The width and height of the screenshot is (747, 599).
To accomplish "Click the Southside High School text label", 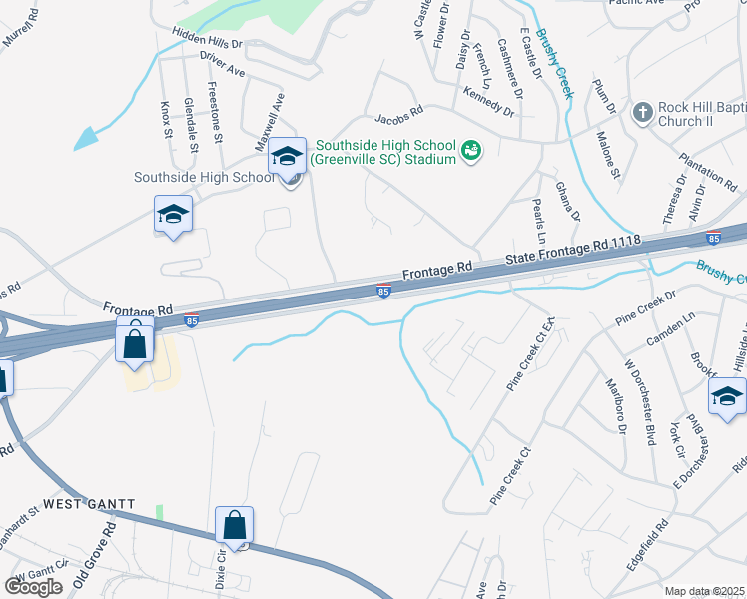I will [204, 178].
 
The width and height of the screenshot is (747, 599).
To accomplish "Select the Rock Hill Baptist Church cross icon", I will [644, 111].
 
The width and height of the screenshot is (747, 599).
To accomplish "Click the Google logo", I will [33, 587].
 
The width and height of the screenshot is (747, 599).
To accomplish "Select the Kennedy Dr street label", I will [488, 101].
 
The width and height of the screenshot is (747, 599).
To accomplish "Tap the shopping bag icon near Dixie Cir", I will [234, 524].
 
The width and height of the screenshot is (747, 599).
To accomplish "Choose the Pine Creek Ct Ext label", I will [529, 355].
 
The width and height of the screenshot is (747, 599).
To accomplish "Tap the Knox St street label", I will [167, 120].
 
